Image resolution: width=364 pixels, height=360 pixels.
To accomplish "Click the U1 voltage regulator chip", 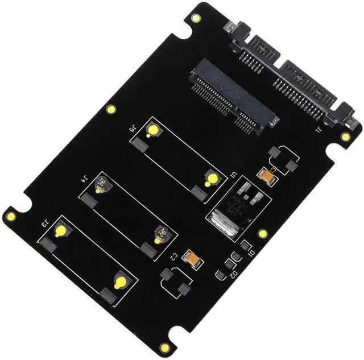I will tap(239, 203).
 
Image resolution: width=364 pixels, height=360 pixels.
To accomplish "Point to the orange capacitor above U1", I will tap(264, 173).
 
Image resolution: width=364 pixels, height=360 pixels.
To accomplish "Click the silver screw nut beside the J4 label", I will tap(102, 184).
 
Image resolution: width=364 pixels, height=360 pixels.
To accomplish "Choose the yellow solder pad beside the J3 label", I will tap(60, 230).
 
